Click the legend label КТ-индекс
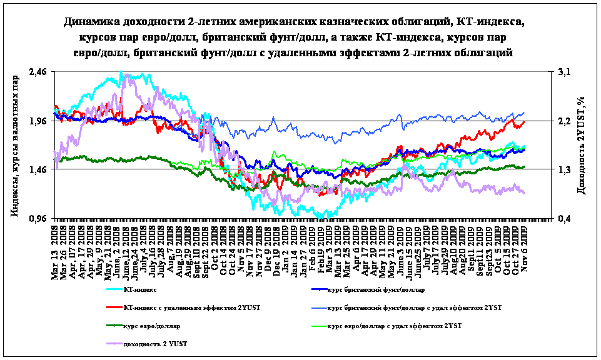click(x=140, y=290)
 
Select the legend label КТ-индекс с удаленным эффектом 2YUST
click(x=192, y=308)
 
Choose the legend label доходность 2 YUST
click(x=156, y=344)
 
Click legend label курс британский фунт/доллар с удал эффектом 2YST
click(x=415, y=308)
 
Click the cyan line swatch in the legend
click(x=114, y=290)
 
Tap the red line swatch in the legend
click(x=114, y=308)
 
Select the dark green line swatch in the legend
click(x=114, y=326)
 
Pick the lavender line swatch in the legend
click(x=114, y=344)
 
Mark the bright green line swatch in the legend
click(x=319, y=326)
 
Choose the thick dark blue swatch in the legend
click(x=319, y=290)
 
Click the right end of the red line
click(x=525, y=122)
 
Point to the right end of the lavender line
click(x=525, y=193)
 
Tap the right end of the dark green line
click(x=525, y=167)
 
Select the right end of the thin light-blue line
click(x=525, y=112)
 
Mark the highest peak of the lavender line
click(x=128, y=74)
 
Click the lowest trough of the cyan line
click(x=320, y=218)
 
